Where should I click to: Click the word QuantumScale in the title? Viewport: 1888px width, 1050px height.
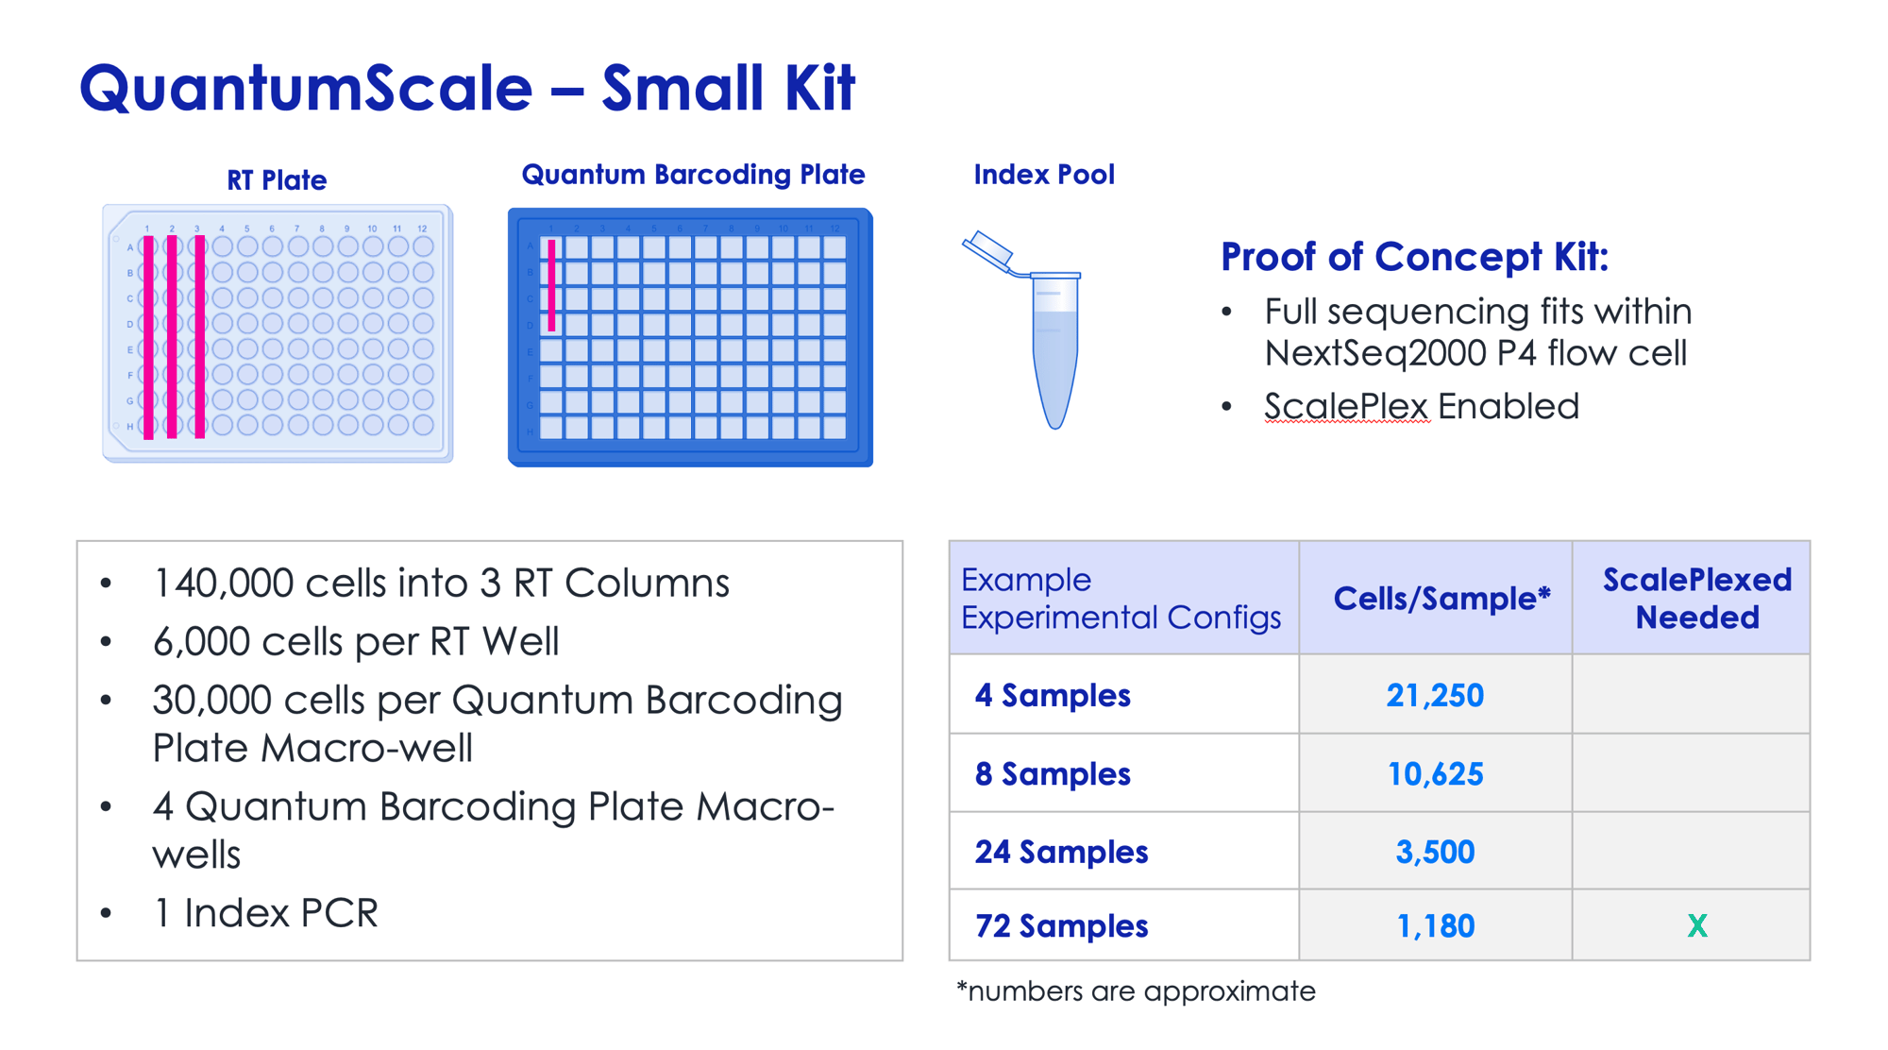click(x=306, y=88)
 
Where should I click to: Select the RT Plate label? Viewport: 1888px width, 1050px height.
click(x=277, y=179)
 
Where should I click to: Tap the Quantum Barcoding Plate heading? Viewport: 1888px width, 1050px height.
click(x=693, y=175)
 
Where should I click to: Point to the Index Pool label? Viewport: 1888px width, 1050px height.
click(x=1044, y=175)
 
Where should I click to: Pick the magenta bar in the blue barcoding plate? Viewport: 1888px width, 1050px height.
click(x=551, y=285)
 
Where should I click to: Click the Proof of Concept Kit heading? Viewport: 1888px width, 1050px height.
click(x=1414, y=257)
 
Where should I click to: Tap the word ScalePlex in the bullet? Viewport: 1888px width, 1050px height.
click(x=1345, y=407)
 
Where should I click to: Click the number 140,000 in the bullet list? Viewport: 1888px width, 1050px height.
click(x=224, y=584)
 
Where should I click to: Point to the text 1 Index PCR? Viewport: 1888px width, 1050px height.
click(x=265, y=913)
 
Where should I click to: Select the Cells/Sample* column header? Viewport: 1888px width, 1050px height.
click(x=1441, y=599)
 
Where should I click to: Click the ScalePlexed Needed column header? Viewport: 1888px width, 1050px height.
click(x=1697, y=599)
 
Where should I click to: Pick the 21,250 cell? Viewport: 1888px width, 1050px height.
click(x=1435, y=696)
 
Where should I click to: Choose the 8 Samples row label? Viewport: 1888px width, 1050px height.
click(x=1053, y=774)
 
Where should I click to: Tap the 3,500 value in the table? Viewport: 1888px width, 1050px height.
click(x=1435, y=853)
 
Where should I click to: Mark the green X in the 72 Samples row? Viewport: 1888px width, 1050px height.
click(x=1697, y=926)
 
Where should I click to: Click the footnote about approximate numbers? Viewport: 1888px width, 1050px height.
click(x=1136, y=991)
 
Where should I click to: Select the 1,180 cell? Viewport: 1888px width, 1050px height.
click(x=1435, y=926)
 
